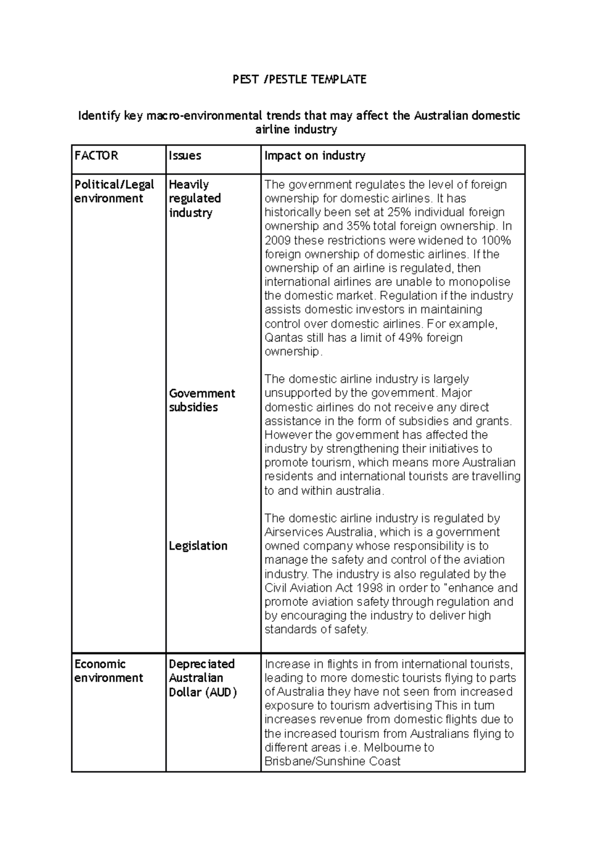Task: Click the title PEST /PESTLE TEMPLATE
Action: (299, 79)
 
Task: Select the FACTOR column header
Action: (96, 156)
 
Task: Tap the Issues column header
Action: (185, 156)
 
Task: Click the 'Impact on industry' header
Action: (314, 156)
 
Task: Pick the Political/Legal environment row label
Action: (114, 191)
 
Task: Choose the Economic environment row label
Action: (108, 671)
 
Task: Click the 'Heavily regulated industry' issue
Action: (195, 198)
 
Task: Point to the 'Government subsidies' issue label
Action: (202, 400)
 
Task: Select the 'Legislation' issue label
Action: (198, 546)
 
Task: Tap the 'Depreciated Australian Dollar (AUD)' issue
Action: (202, 678)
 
